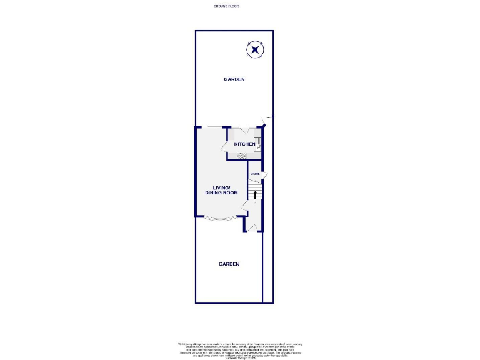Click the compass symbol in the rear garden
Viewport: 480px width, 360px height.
tap(255, 49)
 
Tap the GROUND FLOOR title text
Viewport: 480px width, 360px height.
tap(226, 6)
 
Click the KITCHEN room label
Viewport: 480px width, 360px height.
tap(244, 144)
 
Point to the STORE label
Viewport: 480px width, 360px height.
tap(255, 173)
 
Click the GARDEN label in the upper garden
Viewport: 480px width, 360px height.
tap(235, 79)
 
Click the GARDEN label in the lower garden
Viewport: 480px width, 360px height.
tap(229, 264)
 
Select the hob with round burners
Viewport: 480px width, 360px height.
tap(242, 156)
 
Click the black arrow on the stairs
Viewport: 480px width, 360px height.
tap(254, 194)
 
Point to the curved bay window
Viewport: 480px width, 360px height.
tap(219, 219)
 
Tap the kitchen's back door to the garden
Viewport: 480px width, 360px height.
tap(249, 131)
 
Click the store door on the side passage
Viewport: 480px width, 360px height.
tap(265, 176)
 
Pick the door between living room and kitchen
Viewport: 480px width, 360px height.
tap(226, 148)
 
